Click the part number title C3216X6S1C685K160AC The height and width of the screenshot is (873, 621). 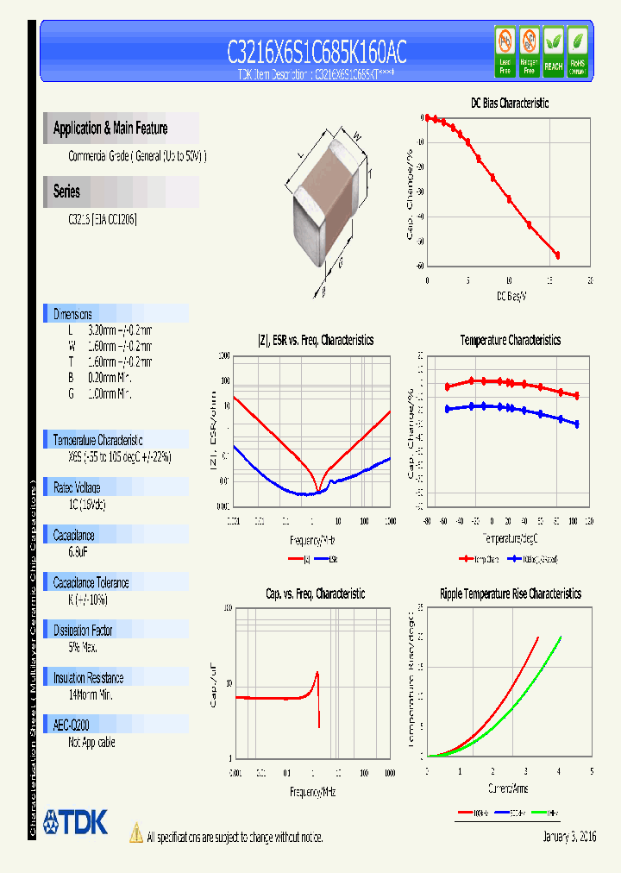coord(317,53)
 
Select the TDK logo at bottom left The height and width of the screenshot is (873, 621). coord(76,821)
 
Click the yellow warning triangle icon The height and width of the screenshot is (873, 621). coord(136,832)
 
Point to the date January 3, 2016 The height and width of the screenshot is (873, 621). coord(569,837)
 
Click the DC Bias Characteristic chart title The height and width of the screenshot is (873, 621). coord(509,103)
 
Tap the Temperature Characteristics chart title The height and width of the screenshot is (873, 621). coord(510,341)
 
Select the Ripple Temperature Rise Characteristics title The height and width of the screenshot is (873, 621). coord(510,594)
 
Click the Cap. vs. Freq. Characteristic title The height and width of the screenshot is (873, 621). coord(315,594)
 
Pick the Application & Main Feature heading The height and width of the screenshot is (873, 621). coord(110,129)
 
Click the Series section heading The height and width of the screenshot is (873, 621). coord(66,192)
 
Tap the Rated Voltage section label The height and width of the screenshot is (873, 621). coord(77,487)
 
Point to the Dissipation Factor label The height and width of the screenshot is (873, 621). coord(84,630)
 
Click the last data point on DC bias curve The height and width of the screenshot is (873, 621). coord(557,255)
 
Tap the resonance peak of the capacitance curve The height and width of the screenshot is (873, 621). coord(317,673)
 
